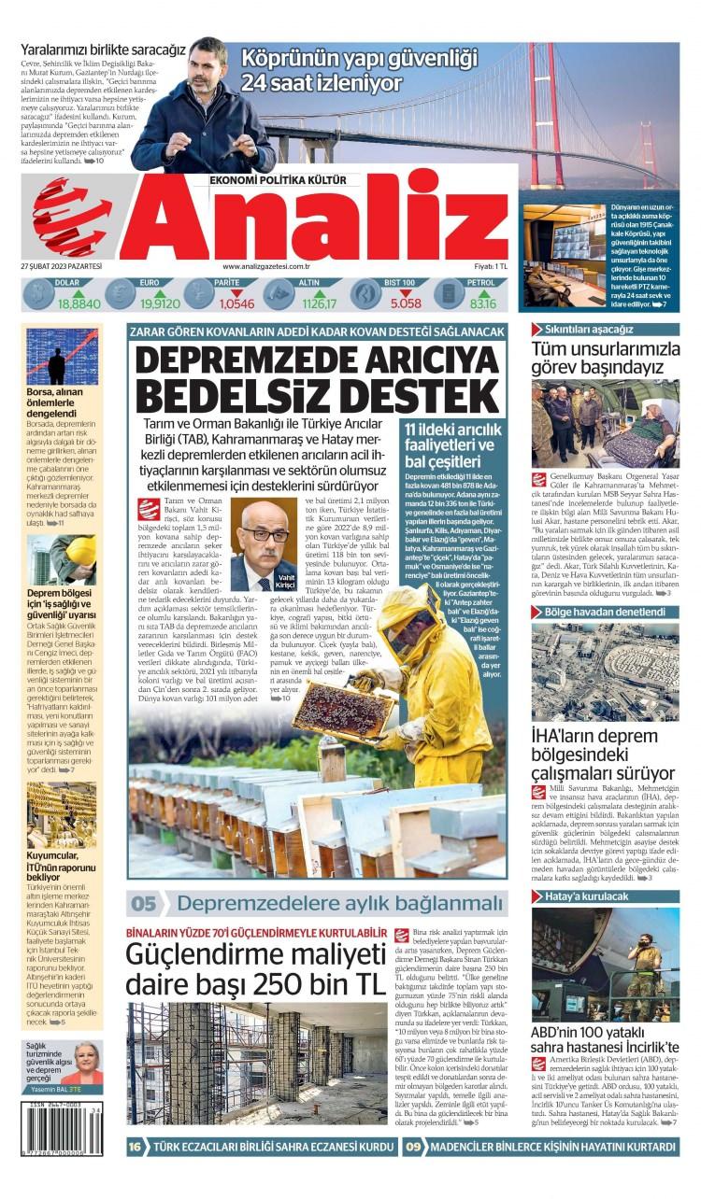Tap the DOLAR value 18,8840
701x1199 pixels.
(79, 303)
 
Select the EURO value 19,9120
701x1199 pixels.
(160, 303)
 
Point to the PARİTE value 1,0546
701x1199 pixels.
(236, 303)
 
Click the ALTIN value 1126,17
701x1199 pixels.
(319, 303)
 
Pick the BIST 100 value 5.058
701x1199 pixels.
(406, 303)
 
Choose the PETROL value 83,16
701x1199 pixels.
(483, 303)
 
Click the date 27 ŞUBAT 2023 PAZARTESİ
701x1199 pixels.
(61, 267)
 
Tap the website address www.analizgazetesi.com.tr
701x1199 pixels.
(266, 267)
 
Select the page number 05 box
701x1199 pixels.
(144, 904)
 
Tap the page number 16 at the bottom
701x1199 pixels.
(136, 1147)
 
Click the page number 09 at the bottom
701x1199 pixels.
(413, 1147)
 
